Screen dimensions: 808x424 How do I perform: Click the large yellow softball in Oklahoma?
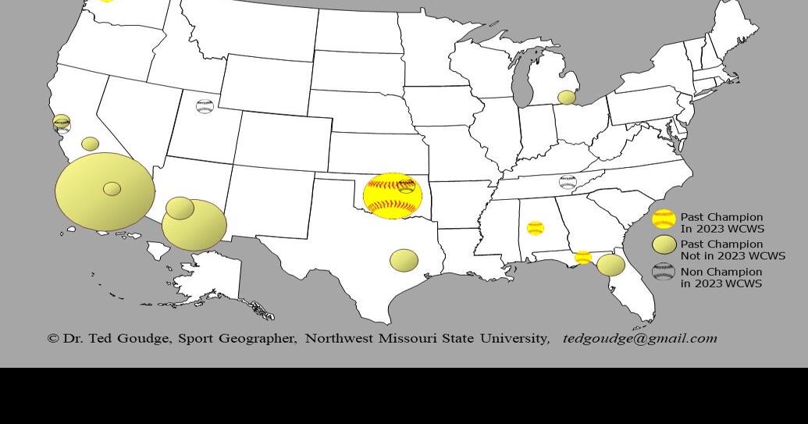393,196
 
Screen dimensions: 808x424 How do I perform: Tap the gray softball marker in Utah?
205,106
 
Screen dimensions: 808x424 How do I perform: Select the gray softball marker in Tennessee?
568,182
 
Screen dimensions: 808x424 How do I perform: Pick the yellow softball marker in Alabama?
535,228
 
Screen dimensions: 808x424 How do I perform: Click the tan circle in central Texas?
404,261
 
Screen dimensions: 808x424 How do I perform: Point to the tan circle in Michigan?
567,98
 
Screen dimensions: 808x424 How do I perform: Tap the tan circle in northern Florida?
610,265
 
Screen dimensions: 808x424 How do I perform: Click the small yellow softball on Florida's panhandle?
582,257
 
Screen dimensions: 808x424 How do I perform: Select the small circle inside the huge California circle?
112,188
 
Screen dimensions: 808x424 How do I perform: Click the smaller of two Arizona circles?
180,208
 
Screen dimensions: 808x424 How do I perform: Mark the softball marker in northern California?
62,123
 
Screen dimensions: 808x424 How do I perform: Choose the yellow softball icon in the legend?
664,219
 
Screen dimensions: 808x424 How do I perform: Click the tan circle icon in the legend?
664,245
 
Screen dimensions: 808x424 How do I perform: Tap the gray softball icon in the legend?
664,273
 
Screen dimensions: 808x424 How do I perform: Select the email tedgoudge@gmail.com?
639,338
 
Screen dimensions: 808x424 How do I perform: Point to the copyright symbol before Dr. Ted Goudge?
53,338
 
